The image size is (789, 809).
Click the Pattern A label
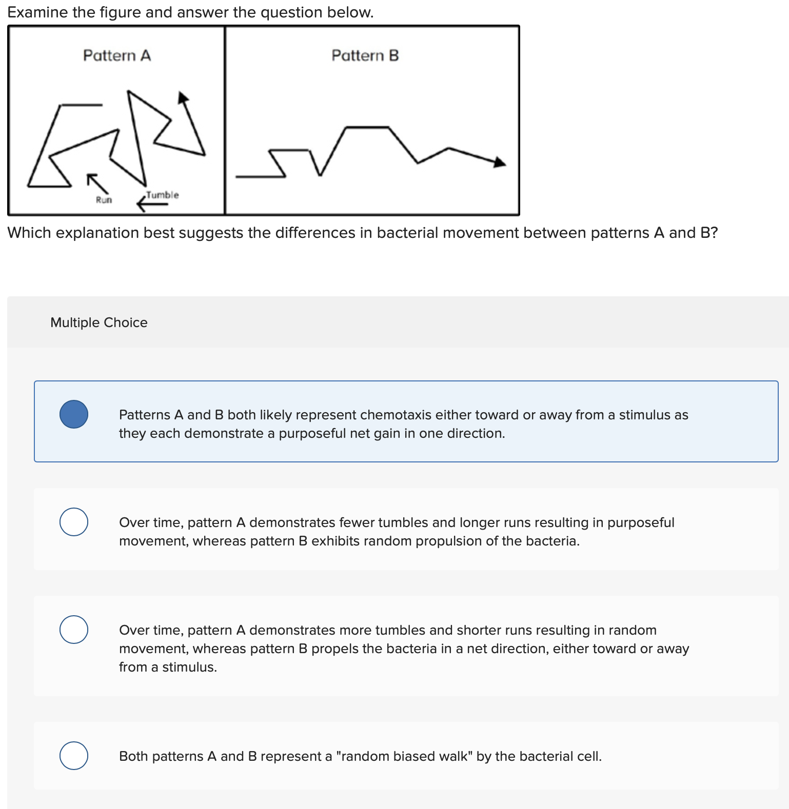[117, 55]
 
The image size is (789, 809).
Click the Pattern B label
[365, 55]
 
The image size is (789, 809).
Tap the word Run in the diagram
[104, 200]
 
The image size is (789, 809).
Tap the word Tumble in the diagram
[162, 195]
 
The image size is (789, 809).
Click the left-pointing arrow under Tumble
[152, 205]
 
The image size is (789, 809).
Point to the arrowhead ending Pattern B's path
[499, 163]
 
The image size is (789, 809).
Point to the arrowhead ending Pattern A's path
[183, 97]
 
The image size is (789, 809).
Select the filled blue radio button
[74, 414]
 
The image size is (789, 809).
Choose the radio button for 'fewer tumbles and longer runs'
[74, 522]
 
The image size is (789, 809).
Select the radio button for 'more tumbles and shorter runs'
[74, 630]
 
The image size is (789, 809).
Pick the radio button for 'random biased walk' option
[74, 756]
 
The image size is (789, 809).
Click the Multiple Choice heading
[98, 322]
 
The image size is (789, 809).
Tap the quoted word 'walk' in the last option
[458, 756]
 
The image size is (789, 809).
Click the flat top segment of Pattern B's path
[367, 127]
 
